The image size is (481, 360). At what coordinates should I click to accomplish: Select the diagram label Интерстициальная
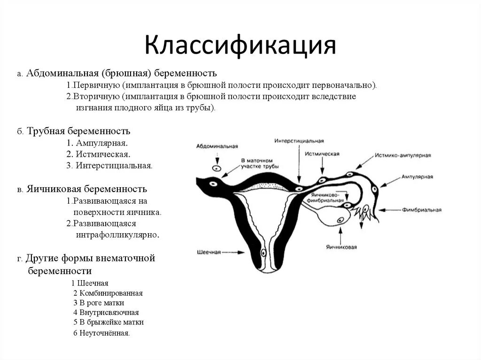coord(299,141)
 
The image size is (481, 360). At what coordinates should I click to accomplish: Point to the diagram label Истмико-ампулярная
coord(403,155)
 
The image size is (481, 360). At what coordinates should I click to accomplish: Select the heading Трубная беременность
coord(78,131)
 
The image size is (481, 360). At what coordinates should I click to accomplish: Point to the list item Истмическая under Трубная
coord(101,154)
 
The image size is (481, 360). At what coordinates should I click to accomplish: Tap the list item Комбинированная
coord(110,293)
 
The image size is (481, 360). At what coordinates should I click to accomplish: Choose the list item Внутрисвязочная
coord(109,313)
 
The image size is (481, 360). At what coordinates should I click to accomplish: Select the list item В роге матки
coord(101,303)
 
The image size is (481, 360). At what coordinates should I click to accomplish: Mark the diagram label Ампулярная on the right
coord(417,176)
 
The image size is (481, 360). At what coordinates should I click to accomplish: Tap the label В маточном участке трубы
coord(260,163)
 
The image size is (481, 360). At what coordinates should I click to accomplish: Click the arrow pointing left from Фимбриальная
coord(389,210)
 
